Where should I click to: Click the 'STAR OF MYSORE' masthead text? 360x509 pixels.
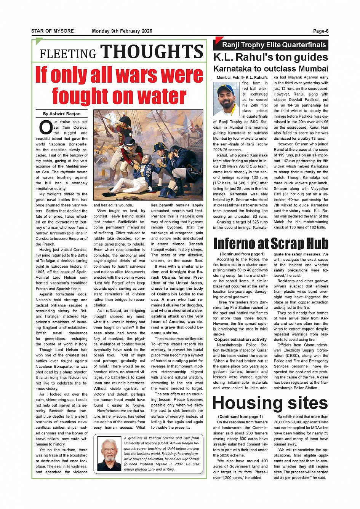click(x=53, y=31)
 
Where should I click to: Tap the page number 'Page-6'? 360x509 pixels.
click(x=321, y=31)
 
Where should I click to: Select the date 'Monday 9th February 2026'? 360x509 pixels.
click(x=122, y=31)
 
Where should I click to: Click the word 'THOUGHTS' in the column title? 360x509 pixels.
click(x=152, y=52)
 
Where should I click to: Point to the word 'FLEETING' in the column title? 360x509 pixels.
click(x=68, y=54)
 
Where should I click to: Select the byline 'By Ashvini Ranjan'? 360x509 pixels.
click(x=62, y=113)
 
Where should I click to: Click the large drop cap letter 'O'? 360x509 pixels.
click(x=45, y=128)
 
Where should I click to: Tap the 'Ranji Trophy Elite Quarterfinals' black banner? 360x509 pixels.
click(x=274, y=45)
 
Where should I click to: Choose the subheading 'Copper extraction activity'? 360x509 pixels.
click(x=240, y=339)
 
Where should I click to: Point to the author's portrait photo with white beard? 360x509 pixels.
click(x=109, y=454)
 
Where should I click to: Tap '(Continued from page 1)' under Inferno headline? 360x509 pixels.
click(x=242, y=254)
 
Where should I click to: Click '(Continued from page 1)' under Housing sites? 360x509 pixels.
click(x=240, y=416)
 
